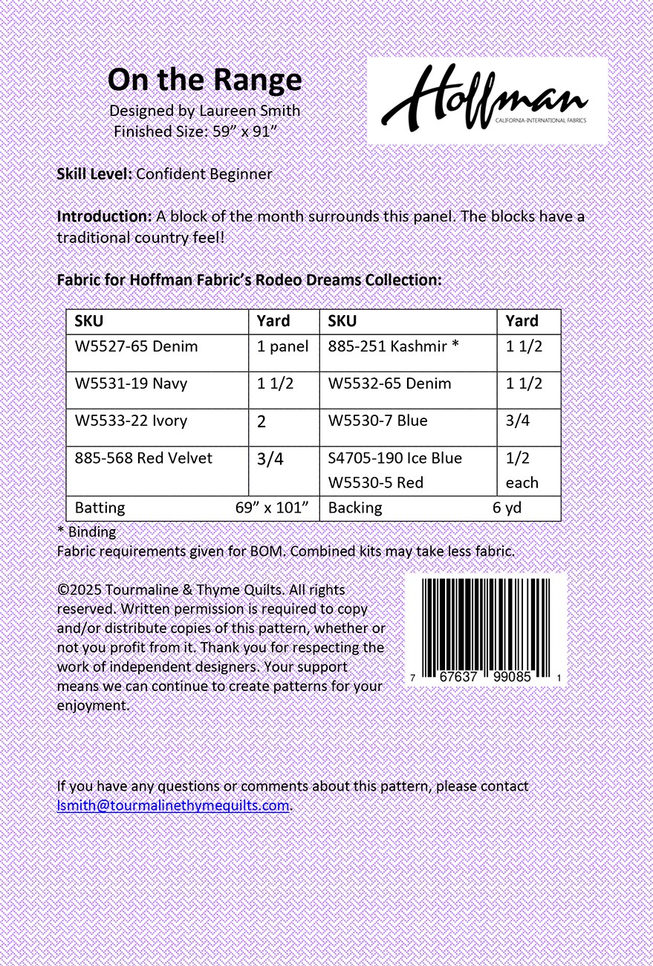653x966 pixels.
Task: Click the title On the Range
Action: click(x=204, y=80)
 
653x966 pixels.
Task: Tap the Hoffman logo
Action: click(x=487, y=100)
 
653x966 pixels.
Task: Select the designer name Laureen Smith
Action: click(x=250, y=111)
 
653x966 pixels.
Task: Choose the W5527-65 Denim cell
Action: click(x=137, y=346)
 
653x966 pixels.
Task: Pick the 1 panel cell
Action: click(x=282, y=346)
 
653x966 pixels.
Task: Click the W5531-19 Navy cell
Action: click(x=131, y=383)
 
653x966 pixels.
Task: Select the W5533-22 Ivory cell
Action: click(x=131, y=421)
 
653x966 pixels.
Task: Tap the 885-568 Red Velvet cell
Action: click(x=143, y=458)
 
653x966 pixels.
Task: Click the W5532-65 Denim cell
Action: click(x=389, y=383)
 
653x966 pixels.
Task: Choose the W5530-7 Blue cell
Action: click(x=377, y=421)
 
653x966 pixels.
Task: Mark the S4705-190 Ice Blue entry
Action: click(x=394, y=458)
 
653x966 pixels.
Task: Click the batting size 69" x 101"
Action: click(x=271, y=508)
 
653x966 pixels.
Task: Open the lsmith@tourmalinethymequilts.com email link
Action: click(x=172, y=805)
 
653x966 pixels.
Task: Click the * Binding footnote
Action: click(x=86, y=532)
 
